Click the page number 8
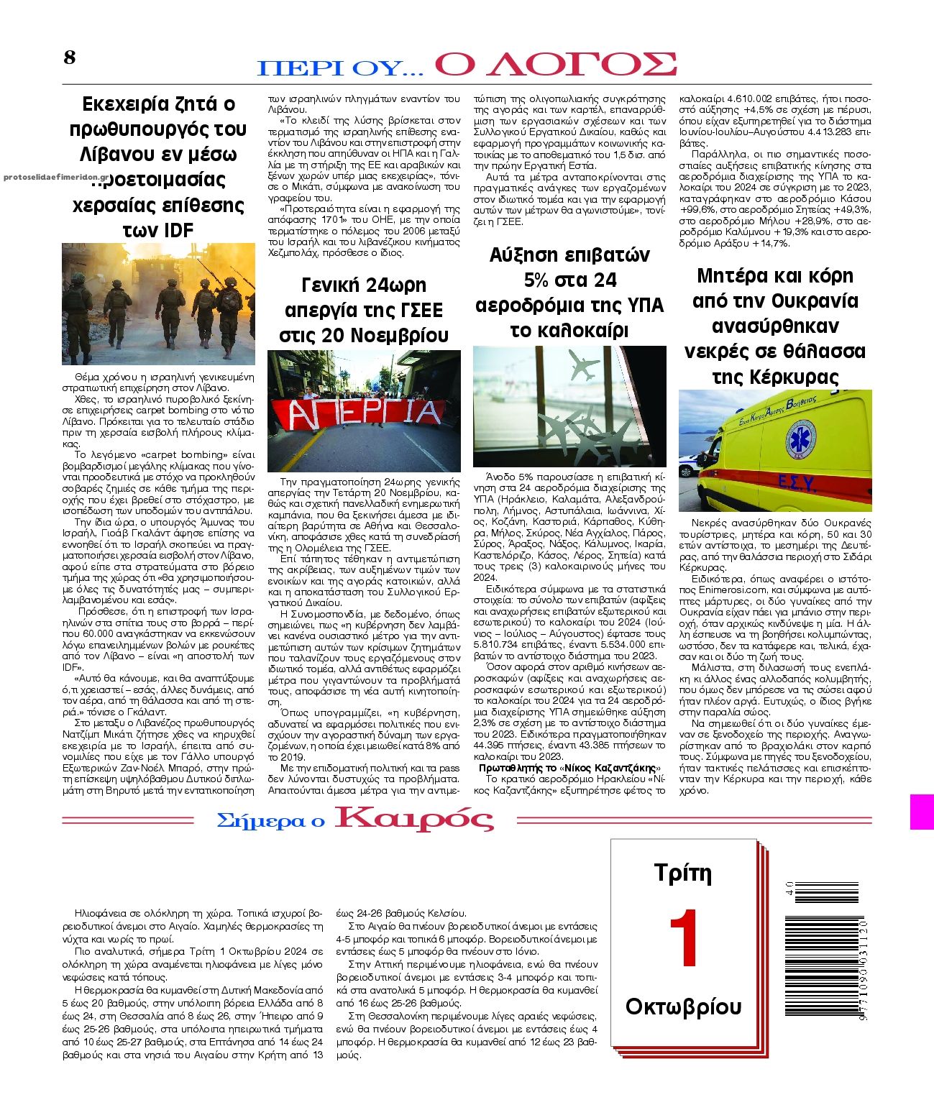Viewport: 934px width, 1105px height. point(70,58)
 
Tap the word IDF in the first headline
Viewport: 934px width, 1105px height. point(179,230)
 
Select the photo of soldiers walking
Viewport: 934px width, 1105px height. point(158,303)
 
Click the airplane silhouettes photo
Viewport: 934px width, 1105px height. point(569,406)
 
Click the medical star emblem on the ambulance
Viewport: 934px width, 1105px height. point(800,439)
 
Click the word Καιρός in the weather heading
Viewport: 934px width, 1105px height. point(414,820)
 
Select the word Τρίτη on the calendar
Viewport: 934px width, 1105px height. point(683,873)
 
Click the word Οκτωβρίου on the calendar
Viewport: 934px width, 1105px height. point(683,1006)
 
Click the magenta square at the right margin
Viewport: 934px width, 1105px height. point(922,812)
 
